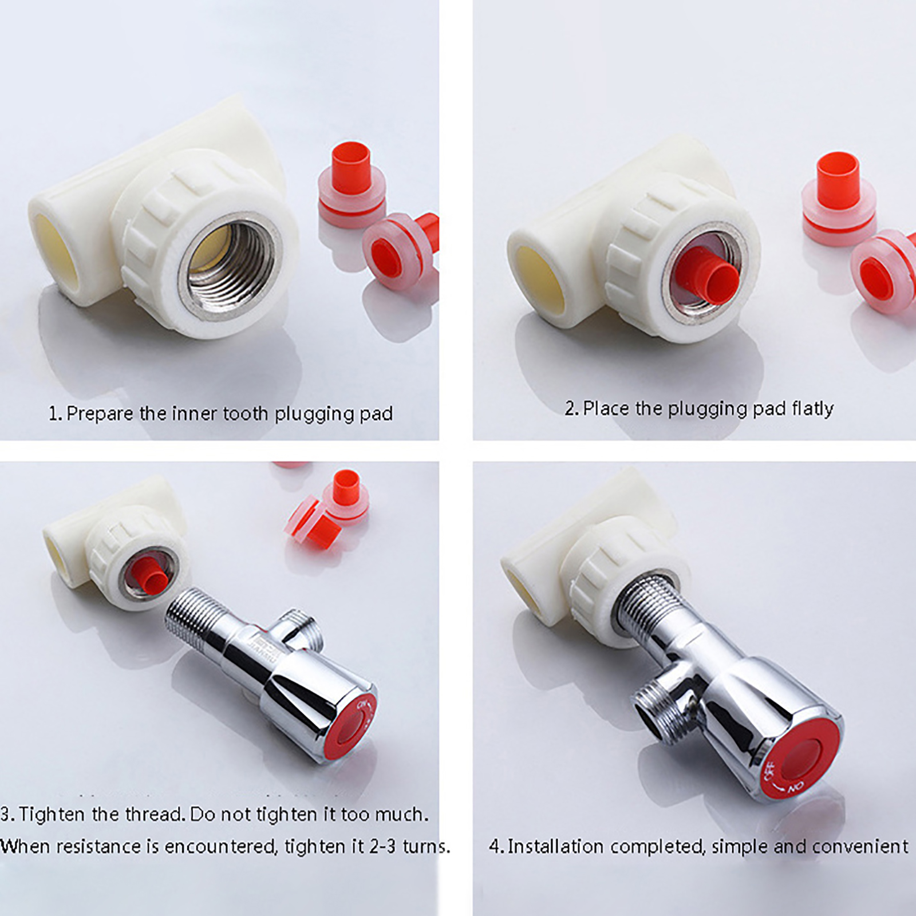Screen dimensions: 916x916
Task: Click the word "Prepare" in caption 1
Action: pos(100,413)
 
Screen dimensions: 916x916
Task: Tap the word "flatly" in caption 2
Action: pos(813,409)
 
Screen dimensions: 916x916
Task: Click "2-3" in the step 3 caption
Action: pos(382,846)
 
